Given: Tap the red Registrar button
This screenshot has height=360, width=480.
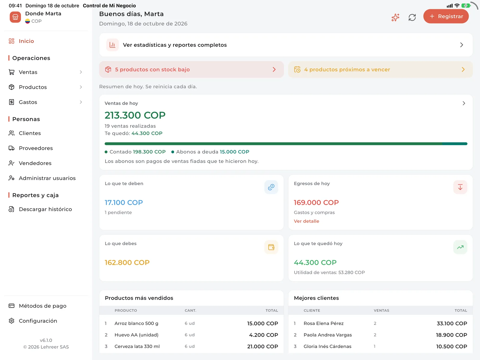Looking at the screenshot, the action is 446,16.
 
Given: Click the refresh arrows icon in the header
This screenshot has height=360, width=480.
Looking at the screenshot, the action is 412,17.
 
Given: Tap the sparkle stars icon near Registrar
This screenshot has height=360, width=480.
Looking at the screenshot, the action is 395,17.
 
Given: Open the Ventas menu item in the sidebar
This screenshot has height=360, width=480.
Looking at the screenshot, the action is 28,72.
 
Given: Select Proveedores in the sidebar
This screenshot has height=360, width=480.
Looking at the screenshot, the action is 36,148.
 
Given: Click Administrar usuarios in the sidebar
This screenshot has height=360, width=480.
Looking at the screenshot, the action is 47,178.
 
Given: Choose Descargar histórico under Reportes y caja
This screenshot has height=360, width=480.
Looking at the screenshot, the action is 45,209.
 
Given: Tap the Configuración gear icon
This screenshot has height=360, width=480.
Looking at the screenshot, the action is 12,321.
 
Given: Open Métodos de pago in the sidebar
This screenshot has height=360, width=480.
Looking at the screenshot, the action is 42,306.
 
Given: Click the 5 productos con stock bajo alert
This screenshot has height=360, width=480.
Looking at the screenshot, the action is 191,70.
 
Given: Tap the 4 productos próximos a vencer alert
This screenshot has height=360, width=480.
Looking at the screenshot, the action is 380,70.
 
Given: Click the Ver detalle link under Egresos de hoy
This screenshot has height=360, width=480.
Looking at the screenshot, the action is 306,221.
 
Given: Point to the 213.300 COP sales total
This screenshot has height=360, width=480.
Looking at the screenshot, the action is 135,115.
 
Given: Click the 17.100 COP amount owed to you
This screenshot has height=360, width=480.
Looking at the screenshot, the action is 124,202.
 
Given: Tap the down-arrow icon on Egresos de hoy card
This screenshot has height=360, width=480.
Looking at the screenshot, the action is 460,187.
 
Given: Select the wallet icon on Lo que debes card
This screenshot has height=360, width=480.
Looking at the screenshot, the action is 271,247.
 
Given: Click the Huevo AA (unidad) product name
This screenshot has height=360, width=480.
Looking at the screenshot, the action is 136,335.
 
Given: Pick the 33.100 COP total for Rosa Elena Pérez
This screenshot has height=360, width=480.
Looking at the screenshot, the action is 452,323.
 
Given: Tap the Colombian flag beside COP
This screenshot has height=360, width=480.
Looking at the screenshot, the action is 28,21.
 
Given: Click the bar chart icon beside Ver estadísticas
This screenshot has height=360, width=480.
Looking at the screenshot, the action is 112,45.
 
